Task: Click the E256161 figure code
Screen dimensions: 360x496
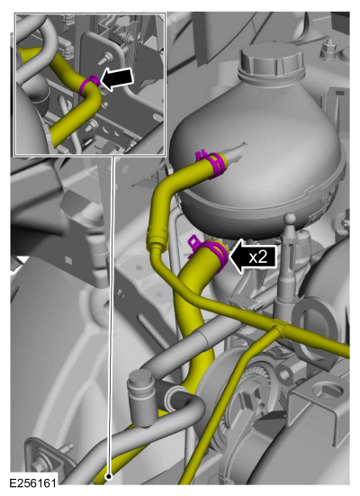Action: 33,483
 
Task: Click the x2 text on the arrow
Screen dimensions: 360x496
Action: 258,257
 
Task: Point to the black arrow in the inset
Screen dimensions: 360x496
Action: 116,78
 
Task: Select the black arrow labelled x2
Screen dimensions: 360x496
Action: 252,257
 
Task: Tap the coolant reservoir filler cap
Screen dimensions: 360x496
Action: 272,62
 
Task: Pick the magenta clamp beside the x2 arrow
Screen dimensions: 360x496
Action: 213,250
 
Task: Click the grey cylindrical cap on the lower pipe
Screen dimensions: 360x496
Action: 139,385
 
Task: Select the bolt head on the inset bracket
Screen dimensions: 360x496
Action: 105,58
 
